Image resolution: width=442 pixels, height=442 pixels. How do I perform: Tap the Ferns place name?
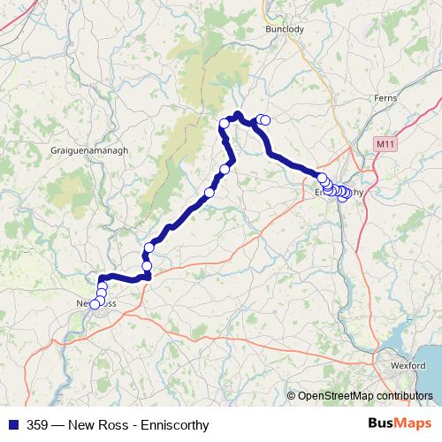[386, 98]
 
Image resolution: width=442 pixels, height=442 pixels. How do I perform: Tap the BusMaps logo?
[400, 424]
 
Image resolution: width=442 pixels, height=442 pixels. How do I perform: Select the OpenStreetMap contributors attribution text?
[366, 395]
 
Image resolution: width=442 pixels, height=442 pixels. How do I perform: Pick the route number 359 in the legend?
[38, 425]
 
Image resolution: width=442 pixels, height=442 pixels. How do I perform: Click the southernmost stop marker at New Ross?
[95, 305]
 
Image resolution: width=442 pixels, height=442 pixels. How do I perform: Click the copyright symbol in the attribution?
[292, 395]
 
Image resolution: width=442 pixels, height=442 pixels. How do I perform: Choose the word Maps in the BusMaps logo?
[415, 424]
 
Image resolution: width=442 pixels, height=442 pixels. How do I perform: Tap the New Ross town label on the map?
[97, 303]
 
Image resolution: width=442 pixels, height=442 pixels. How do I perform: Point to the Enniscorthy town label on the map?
[339, 191]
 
